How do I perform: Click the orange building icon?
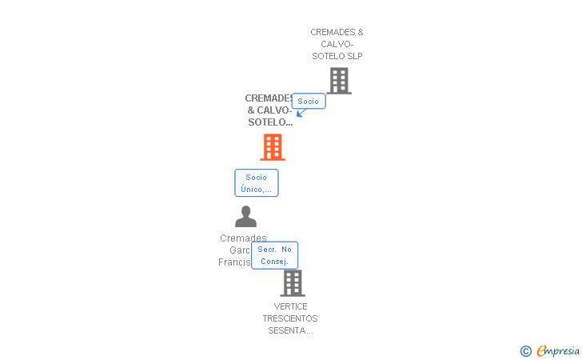point(273,147)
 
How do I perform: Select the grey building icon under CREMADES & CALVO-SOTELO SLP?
point(339,81)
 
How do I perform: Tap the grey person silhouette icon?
point(245,217)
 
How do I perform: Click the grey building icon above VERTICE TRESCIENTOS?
point(293,283)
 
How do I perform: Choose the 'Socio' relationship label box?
point(308,102)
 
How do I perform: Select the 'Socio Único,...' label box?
point(256,183)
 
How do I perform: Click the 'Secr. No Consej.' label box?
point(274,255)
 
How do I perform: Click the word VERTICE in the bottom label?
point(290,306)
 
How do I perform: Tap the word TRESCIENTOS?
point(290,318)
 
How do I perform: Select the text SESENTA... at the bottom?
point(290,330)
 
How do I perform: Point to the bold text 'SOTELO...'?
point(270,122)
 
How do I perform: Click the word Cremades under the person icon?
point(243,238)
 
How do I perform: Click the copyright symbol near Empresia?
point(525,350)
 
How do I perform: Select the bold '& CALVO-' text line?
point(269,110)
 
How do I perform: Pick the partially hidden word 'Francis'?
point(234,262)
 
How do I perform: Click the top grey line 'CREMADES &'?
point(337,32)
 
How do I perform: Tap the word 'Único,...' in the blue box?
point(256,190)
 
